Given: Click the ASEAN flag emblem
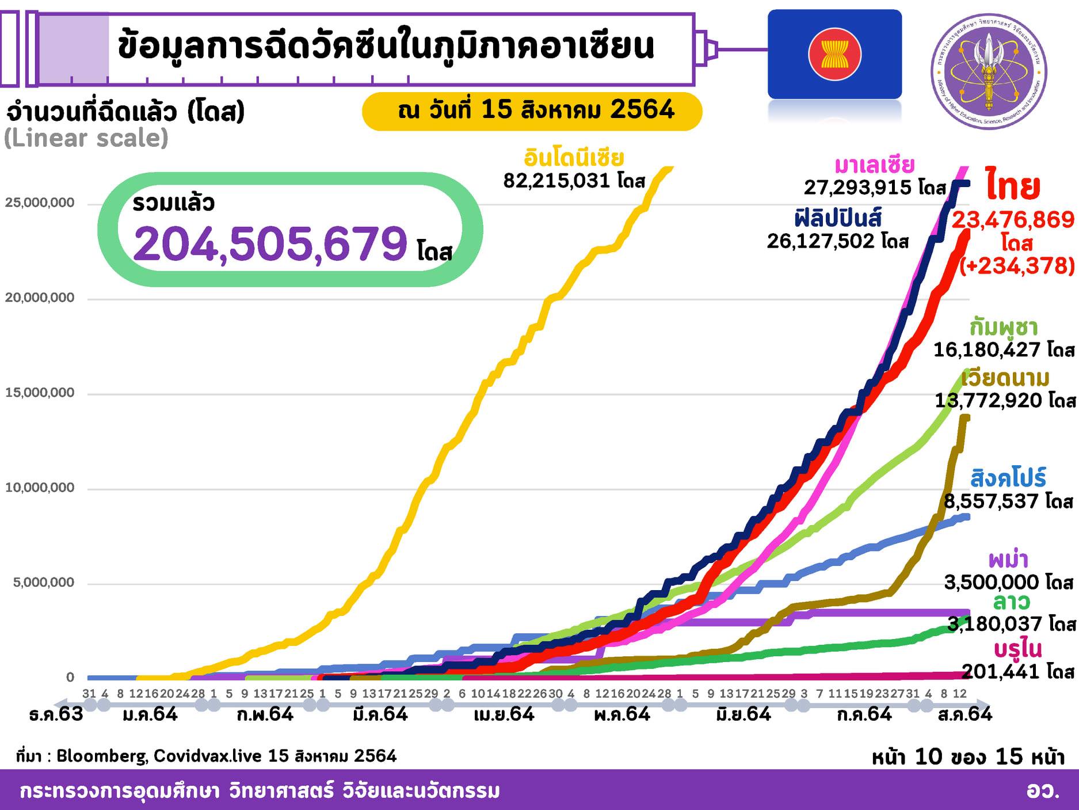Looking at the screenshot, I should (834, 54).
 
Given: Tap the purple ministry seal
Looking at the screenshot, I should (989, 71).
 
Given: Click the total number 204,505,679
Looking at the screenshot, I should (270, 244).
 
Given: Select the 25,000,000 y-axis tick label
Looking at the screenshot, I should (40, 203).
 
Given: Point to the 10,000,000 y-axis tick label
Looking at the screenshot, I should (40, 488).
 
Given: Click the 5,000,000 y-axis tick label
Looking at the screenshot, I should (43, 583).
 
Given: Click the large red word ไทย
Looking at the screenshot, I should (1012, 185).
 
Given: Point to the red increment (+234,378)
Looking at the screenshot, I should (1017, 265).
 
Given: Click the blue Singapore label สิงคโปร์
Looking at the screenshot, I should (1008, 478).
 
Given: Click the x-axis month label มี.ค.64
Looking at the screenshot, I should (380, 714).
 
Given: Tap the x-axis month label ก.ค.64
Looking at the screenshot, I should (864, 714).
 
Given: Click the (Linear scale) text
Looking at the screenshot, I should (86, 138).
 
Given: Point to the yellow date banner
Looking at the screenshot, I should (532, 111).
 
